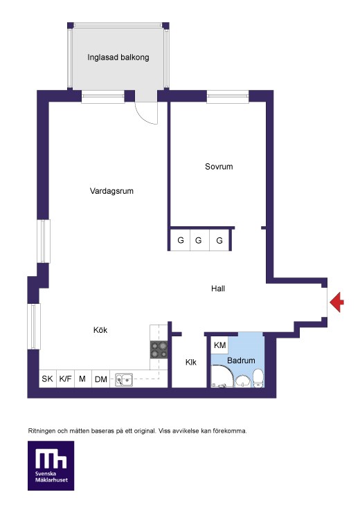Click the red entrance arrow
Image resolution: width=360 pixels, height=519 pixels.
tap(336, 302)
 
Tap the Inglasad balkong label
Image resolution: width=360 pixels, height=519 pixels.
tap(118, 57)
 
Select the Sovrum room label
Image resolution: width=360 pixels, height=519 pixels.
tap(219, 167)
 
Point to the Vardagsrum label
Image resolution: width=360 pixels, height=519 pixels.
tap(111, 191)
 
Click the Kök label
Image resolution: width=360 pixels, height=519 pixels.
tap(100, 330)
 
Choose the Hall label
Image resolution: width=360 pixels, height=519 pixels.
tap(218, 289)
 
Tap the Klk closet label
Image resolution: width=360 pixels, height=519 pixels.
tap(191, 363)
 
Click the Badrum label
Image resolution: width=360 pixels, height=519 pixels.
tap(241, 361)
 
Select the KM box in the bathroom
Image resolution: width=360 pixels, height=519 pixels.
tap(220, 345)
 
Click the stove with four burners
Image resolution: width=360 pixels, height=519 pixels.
tap(159, 350)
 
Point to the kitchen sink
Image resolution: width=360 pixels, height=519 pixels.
tap(124, 380)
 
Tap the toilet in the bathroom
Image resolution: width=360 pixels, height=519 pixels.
tap(258, 379)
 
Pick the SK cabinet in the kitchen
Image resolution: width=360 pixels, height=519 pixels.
tap(47, 379)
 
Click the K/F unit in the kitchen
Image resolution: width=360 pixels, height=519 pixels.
tap(65, 379)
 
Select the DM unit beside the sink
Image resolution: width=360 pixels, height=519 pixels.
tap(100, 379)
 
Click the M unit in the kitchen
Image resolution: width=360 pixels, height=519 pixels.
tap(82, 379)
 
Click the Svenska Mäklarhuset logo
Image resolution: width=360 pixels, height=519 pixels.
tap(51, 466)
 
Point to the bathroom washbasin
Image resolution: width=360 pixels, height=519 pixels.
tap(243, 381)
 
